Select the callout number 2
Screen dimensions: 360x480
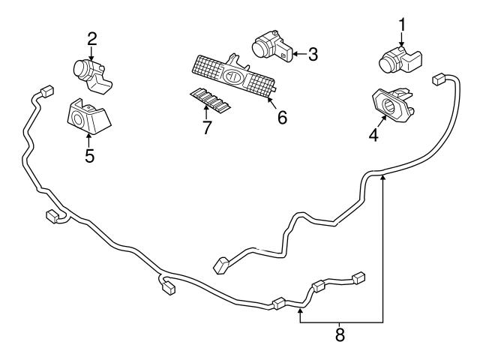point(92,38)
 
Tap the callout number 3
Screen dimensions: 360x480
point(313,53)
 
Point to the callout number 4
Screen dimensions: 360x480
point(373,136)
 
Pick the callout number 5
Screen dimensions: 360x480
point(89,157)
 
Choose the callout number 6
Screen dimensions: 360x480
point(282,118)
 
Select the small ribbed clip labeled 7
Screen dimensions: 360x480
point(210,100)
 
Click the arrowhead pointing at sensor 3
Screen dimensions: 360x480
point(293,53)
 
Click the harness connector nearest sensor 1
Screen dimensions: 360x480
point(439,79)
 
